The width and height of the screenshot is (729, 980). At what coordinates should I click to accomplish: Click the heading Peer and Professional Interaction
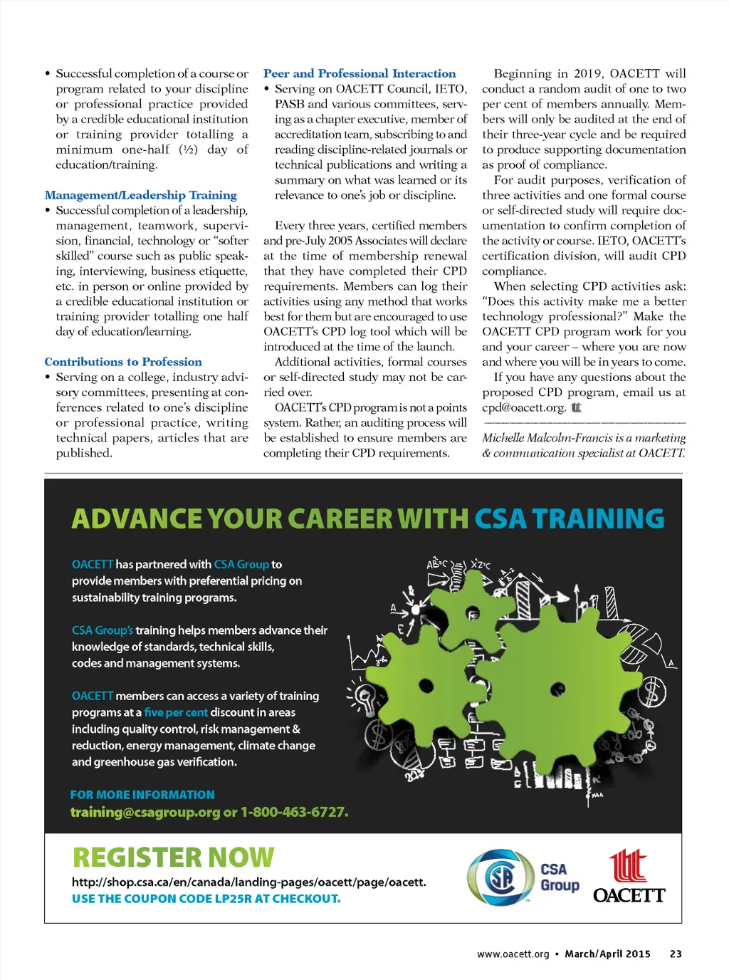(360, 73)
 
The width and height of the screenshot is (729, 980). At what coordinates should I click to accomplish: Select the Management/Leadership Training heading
(141, 195)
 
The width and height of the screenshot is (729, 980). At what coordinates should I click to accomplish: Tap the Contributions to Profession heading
(123, 362)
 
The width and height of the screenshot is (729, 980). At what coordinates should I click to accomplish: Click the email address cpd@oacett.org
(524, 407)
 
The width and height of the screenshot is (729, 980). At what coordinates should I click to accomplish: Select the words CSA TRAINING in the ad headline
(569, 518)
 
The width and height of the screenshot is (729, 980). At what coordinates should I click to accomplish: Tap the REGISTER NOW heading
(173, 857)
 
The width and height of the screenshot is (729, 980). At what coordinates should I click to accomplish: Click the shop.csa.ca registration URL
(248, 882)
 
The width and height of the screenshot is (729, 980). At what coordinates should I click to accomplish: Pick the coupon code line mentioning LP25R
(206, 899)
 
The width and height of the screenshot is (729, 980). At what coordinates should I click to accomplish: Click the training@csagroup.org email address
(145, 812)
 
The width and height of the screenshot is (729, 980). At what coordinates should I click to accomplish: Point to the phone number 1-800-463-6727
(293, 812)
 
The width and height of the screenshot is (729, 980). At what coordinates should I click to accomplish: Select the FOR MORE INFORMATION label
(142, 795)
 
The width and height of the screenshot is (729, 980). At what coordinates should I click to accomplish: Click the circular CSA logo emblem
(500, 877)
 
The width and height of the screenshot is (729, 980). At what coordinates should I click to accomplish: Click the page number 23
(676, 954)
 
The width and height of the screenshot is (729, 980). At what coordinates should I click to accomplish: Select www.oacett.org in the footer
(513, 954)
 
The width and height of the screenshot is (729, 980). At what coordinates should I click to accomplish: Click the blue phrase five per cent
(176, 712)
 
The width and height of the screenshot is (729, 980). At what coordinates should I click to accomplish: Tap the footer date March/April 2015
(607, 954)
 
